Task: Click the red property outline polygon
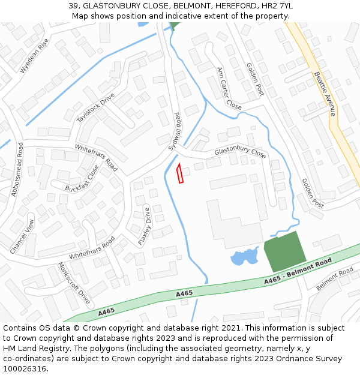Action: [179, 173]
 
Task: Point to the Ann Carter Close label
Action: [229, 89]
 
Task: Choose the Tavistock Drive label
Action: [95, 108]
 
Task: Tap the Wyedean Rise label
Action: [34, 56]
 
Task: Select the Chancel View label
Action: [22, 235]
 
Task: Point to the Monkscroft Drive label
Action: [74, 283]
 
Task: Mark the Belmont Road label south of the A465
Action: [335, 279]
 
